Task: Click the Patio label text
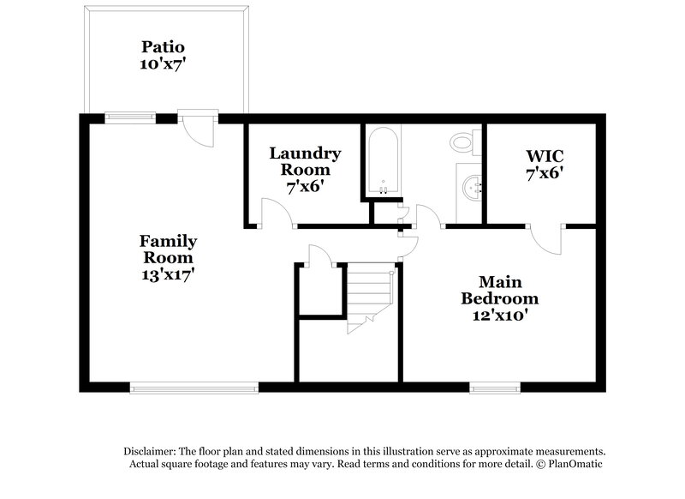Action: coord(163,45)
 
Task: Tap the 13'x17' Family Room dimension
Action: coord(169,274)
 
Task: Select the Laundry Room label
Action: coord(305,161)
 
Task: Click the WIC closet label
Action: coord(545,156)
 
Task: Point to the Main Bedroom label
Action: coord(500,290)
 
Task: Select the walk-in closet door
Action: coord(545,237)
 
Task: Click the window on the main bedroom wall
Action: coord(496,387)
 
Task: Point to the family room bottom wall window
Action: coord(194,387)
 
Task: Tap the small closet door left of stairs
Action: coord(318,256)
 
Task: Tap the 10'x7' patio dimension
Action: coord(163,63)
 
